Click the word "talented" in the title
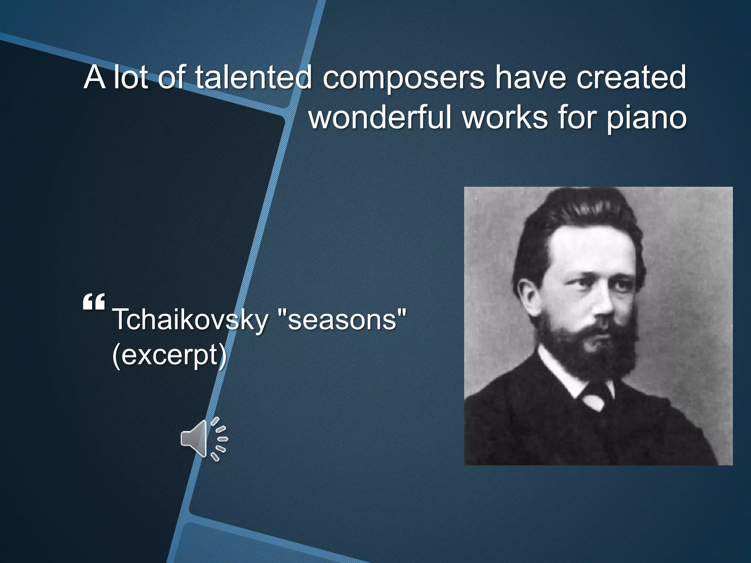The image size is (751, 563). pyautogui.click(x=253, y=78)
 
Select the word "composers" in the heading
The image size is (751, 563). pyautogui.click(x=404, y=78)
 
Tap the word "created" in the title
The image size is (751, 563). pyautogui.click(x=631, y=78)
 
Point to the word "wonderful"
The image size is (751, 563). pyautogui.click(x=380, y=118)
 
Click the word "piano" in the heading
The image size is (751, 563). pyautogui.click(x=646, y=118)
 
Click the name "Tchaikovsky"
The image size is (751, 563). pyautogui.click(x=191, y=320)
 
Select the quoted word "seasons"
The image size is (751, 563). pyautogui.click(x=342, y=320)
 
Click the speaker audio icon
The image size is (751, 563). pyautogui.click(x=204, y=439)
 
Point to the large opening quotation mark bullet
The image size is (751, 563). pyautogui.click(x=94, y=302)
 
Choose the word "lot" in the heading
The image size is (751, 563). pyautogui.click(x=131, y=78)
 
